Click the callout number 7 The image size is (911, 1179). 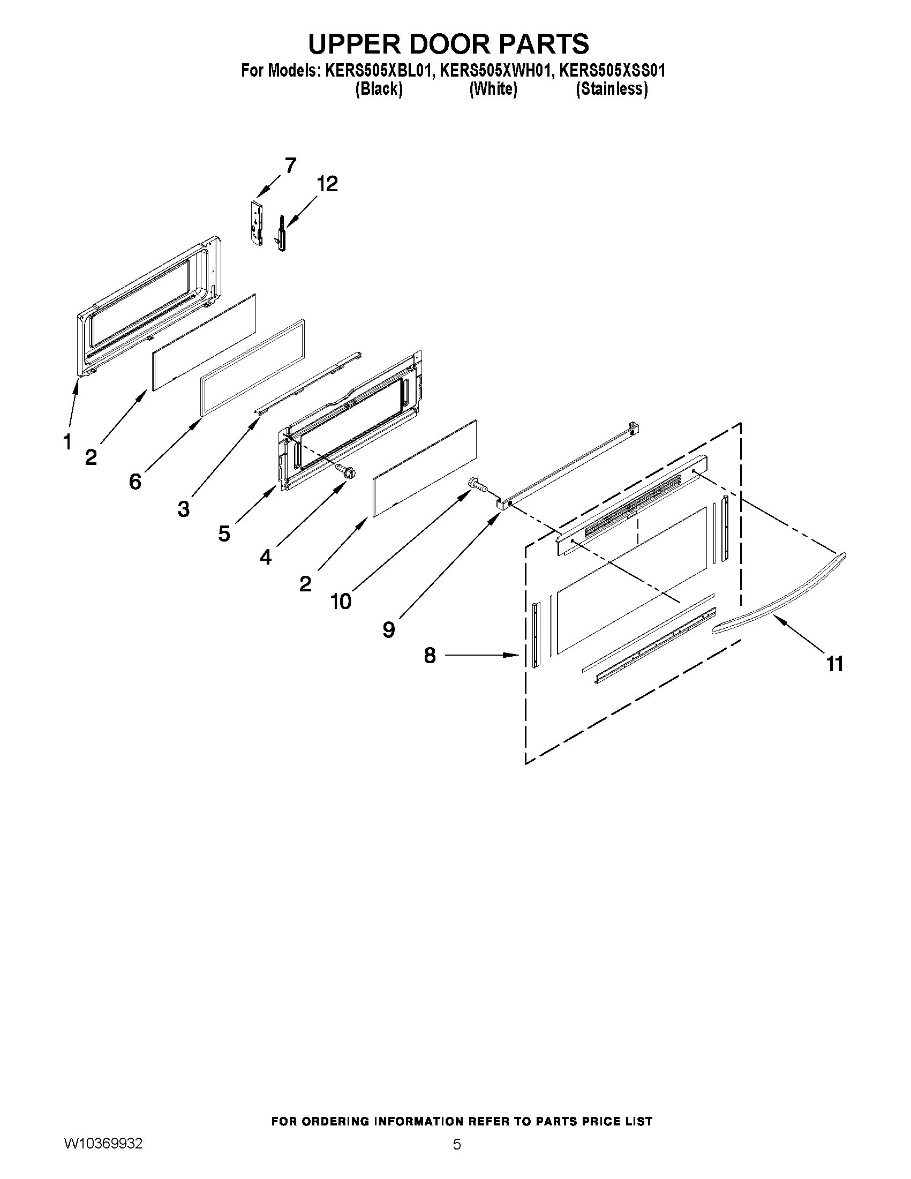pyautogui.click(x=290, y=166)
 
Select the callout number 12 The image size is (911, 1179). pyautogui.click(x=327, y=184)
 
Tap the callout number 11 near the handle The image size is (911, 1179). pyautogui.click(x=835, y=664)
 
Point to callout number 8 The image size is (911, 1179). pyautogui.click(x=430, y=656)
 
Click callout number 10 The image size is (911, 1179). pyautogui.click(x=341, y=601)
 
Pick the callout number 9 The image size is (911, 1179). pyautogui.click(x=389, y=629)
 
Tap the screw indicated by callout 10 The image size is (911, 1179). pyautogui.click(x=477, y=484)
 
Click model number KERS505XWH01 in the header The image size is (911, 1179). pyautogui.click(x=495, y=71)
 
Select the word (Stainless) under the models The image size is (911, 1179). pyautogui.click(x=612, y=89)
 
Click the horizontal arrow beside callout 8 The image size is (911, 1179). pyautogui.click(x=481, y=655)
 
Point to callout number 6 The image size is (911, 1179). pyautogui.click(x=135, y=481)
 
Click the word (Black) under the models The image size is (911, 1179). pyautogui.click(x=379, y=89)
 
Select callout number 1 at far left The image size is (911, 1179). pyautogui.click(x=67, y=442)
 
